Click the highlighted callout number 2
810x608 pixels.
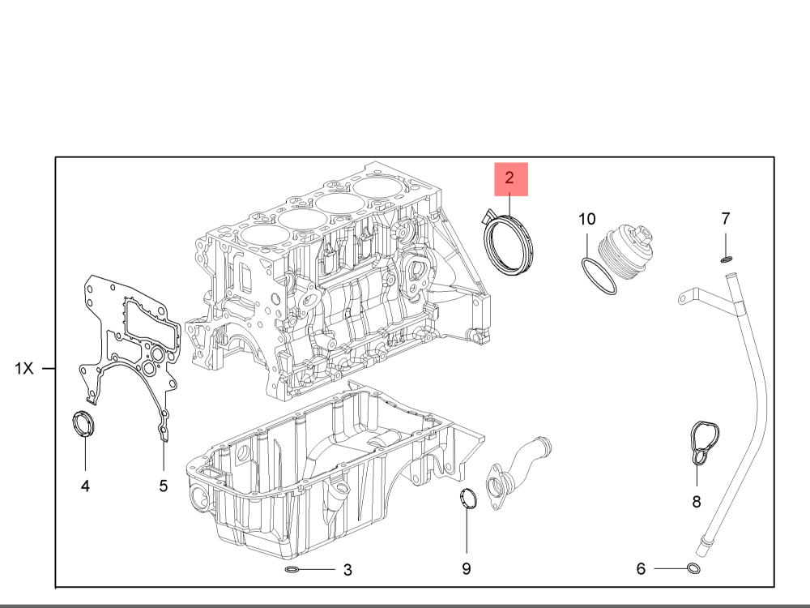click(509, 178)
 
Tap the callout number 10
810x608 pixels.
click(586, 219)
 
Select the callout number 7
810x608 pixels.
click(726, 219)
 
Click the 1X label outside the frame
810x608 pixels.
click(23, 369)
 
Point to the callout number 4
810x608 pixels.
click(85, 486)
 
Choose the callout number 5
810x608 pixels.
click(164, 486)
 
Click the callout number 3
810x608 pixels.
click(347, 570)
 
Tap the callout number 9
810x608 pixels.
click(467, 569)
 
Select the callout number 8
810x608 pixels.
click(697, 502)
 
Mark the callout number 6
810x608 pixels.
click(641, 569)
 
